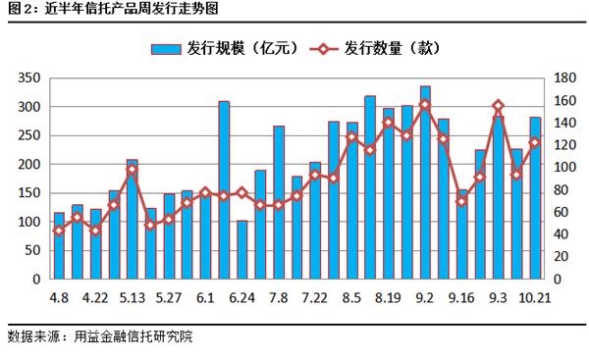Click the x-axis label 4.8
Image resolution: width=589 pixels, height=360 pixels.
pos(59,297)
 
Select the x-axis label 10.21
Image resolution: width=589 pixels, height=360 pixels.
pos(535,297)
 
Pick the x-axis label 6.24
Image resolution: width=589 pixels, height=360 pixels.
pos(242,297)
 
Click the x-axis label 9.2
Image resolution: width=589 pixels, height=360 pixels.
pos(425,297)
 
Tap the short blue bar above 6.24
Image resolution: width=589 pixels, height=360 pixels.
pos(242,251)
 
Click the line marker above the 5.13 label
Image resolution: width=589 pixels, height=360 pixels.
pos(132,170)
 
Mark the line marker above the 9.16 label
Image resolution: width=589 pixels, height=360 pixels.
pos(461,201)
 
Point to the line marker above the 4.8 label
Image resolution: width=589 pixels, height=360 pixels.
pos(59,231)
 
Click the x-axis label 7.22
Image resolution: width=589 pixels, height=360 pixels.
pos(315,297)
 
